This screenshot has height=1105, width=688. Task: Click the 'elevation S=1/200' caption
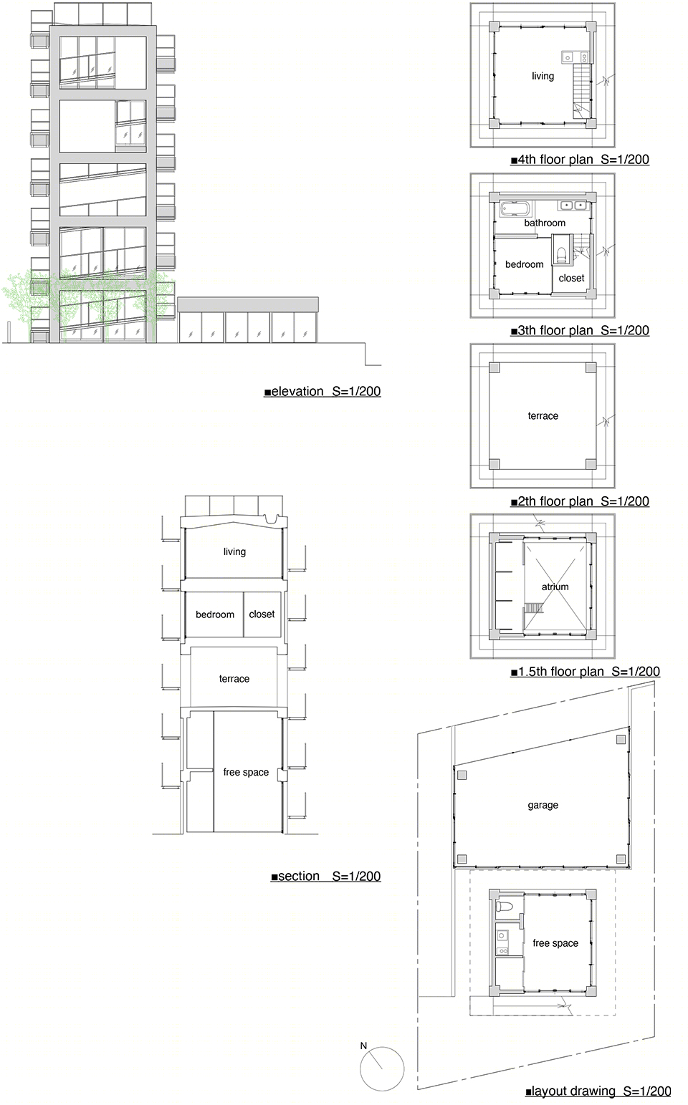coord(322,392)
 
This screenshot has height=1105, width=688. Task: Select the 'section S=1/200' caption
coord(326,876)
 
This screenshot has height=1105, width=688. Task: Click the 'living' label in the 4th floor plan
coord(543,76)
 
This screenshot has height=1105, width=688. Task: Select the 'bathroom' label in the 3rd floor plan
coord(545,223)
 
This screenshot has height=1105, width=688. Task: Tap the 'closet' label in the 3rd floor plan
coord(571,279)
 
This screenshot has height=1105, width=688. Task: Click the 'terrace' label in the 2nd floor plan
coord(543,416)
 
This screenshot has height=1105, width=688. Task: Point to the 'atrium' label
coord(555,587)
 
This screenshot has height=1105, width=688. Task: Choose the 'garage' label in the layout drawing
coord(543,805)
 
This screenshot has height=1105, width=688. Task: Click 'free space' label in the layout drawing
coord(555,943)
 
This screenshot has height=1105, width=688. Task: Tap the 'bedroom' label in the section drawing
coord(215,614)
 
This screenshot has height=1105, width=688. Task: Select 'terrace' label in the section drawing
coord(234,679)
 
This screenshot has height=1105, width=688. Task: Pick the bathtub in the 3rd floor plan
coord(515,208)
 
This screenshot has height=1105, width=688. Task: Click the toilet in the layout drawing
coord(505,907)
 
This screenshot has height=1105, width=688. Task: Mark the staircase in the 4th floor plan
coord(582,92)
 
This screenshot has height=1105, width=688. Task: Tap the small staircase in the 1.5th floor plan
coord(533,607)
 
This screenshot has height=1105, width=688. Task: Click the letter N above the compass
coord(364,1046)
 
